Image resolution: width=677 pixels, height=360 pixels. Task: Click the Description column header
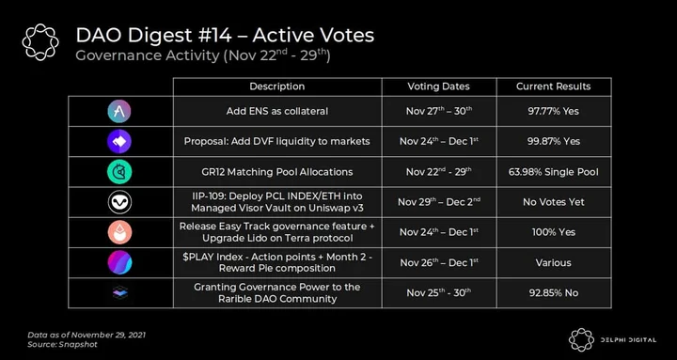(x=277, y=86)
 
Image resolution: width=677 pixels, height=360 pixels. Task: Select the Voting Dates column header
(x=439, y=86)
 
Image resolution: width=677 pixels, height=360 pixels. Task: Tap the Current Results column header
(x=554, y=86)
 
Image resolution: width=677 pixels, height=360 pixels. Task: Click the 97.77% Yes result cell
(x=554, y=111)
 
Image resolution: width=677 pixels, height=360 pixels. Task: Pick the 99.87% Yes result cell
(x=554, y=141)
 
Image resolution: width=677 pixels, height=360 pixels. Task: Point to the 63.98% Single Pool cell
(x=554, y=172)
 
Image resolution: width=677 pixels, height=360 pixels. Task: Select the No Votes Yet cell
(x=554, y=202)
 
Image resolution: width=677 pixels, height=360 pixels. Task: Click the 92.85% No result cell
(x=554, y=292)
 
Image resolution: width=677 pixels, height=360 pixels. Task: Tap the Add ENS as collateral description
(x=277, y=111)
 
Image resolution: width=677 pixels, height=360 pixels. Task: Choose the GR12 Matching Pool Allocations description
(x=277, y=172)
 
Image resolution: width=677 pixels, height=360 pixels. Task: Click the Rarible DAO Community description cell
(x=277, y=292)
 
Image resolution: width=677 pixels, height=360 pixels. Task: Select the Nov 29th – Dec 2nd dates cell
(x=439, y=202)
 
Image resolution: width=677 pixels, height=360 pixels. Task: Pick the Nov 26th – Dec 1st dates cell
(x=439, y=262)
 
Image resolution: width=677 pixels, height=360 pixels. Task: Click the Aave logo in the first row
(x=119, y=111)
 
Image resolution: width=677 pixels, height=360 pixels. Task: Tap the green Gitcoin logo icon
(x=119, y=172)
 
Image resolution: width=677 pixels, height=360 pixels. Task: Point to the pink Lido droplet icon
(x=119, y=232)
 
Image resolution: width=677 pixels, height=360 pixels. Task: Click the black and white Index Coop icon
(x=119, y=202)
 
